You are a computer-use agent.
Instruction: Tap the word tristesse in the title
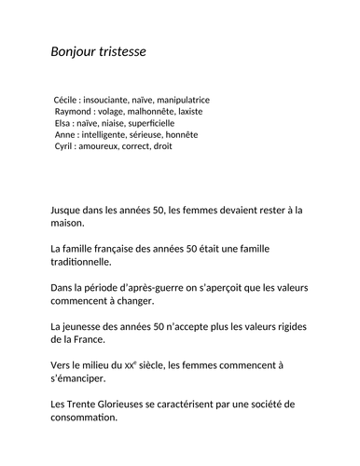121,50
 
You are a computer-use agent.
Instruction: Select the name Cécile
67,99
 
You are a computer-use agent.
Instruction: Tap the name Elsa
63,122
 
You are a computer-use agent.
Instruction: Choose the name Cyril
65,146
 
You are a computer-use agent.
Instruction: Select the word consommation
85,418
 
